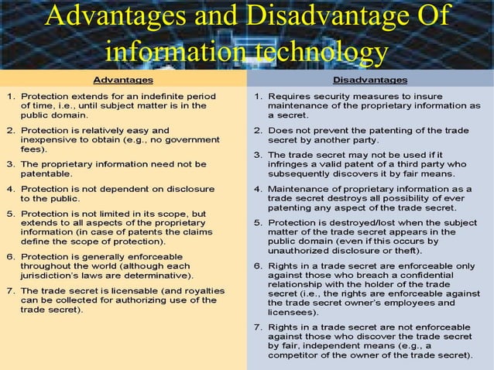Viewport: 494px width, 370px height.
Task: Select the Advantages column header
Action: click(x=122, y=80)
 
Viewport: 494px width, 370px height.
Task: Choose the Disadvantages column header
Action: click(x=370, y=80)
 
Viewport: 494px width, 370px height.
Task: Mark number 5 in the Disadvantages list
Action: click(x=257, y=222)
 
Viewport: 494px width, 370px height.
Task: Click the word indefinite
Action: click(x=153, y=97)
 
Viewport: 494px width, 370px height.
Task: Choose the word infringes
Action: click(x=289, y=164)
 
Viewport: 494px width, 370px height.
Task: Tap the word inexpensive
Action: click(x=50, y=142)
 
